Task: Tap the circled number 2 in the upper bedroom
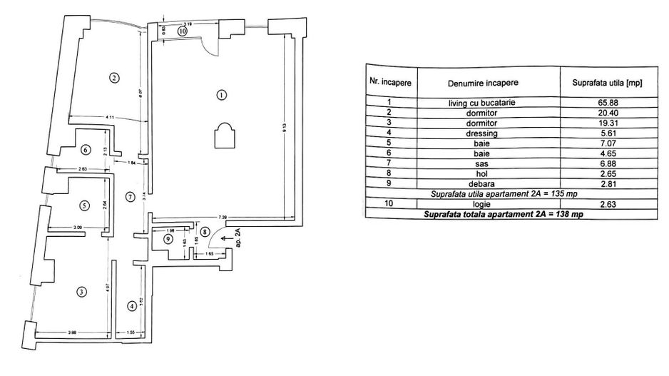pos(113,77)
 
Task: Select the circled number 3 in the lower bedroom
pos(82,291)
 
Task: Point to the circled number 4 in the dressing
pos(132,306)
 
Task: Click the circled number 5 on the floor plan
pos(84,205)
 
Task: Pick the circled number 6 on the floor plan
pos(86,150)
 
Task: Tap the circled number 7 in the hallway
pos(129,196)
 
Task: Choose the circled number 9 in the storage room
pos(168,240)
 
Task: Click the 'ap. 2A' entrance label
pos(239,236)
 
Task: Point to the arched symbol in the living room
pos(223,134)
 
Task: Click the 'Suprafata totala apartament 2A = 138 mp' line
pos(499,213)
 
